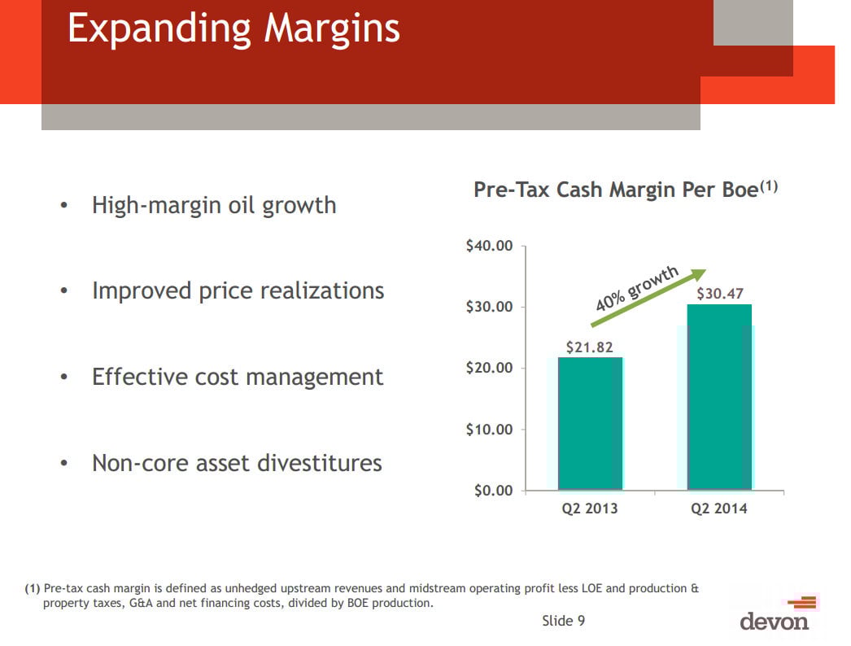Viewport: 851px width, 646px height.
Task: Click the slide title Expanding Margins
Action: point(233,28)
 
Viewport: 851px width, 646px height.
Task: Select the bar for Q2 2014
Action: point(719,397)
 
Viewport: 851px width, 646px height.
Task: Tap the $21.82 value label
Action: point(590,347)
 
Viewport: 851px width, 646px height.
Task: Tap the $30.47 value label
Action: point(720,294)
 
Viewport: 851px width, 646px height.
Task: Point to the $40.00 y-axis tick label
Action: point(489,246)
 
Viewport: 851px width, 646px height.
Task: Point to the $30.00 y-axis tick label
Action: point(489,307)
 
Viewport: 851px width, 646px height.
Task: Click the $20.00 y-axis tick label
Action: point(489,368)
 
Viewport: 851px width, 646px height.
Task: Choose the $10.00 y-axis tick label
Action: point(489,429)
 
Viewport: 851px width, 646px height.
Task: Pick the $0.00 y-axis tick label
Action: point(492,490)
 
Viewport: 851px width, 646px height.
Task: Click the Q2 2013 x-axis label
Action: point(590,509)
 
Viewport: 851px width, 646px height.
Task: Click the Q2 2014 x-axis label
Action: point(719,509)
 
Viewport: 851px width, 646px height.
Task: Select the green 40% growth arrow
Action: point(648,298)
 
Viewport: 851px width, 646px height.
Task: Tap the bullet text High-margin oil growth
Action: point(214,205)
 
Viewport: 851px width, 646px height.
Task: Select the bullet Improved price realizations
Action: point(238,290)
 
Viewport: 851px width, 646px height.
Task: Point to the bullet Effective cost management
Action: point(238,377)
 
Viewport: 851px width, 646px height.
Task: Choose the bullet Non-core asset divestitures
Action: point(237,463)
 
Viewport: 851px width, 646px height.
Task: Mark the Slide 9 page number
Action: point(563,621)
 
